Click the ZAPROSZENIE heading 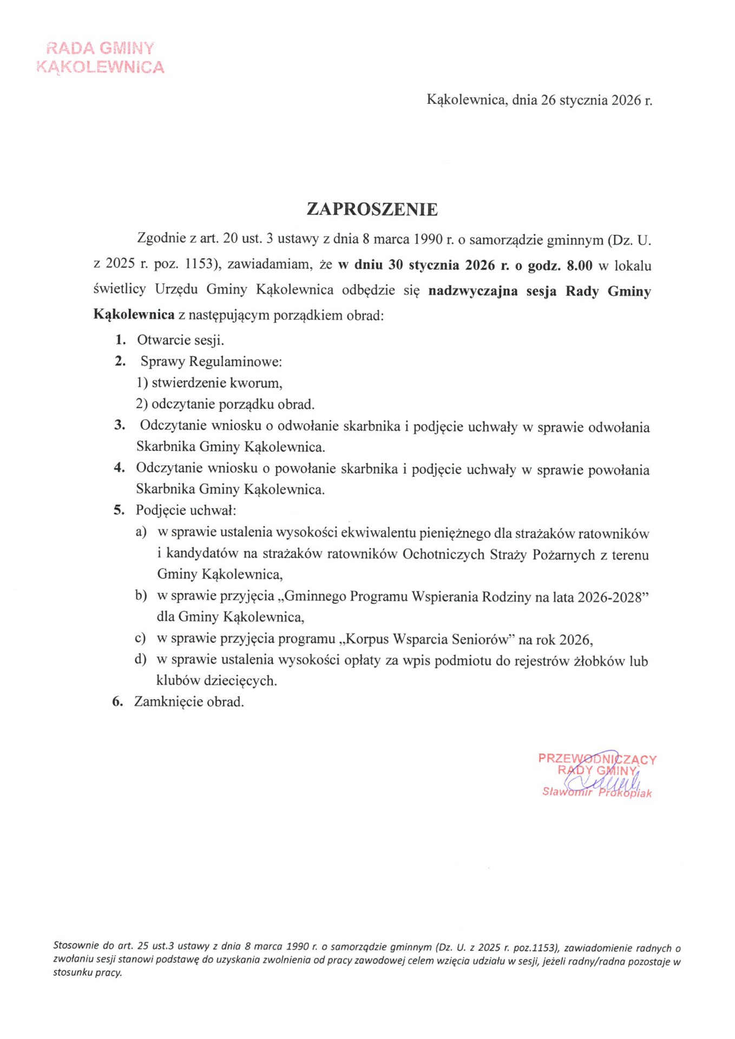372,209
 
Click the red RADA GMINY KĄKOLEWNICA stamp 100,57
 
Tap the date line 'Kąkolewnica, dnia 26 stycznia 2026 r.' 539,100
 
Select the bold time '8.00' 579,266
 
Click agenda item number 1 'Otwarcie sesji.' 180,340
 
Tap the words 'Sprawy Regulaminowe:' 211,361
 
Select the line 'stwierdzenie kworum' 216,383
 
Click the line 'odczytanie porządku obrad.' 233,404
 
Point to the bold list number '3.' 120,425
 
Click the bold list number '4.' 120,468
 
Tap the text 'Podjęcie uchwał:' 186,510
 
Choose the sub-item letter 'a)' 141,532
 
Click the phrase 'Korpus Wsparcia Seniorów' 426,639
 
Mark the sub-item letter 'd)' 141,659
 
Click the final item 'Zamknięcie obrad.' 189,702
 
